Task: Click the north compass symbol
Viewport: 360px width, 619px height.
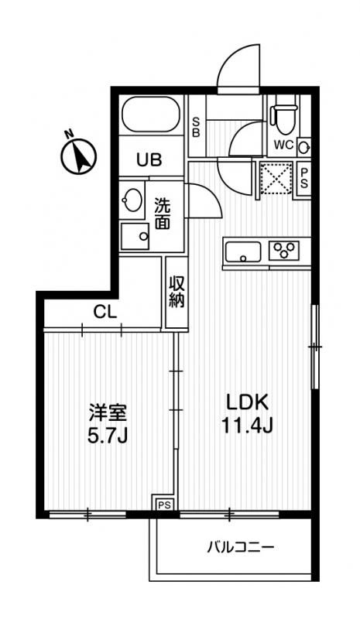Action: (x=78, y=155)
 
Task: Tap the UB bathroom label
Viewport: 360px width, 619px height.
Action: (x=149, y=160)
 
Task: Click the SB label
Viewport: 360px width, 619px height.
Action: (x=197, y=126)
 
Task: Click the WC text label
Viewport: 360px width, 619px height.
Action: (x=281, y=145)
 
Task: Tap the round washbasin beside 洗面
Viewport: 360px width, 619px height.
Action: (x=133, y=200)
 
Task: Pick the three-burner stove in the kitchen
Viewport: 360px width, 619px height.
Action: (x=283, y=250)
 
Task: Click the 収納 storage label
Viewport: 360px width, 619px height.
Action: (x=176, y=292)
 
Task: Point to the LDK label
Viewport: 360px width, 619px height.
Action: (x=246, y=402)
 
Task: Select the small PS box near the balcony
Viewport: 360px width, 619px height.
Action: (x=164, y=504)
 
